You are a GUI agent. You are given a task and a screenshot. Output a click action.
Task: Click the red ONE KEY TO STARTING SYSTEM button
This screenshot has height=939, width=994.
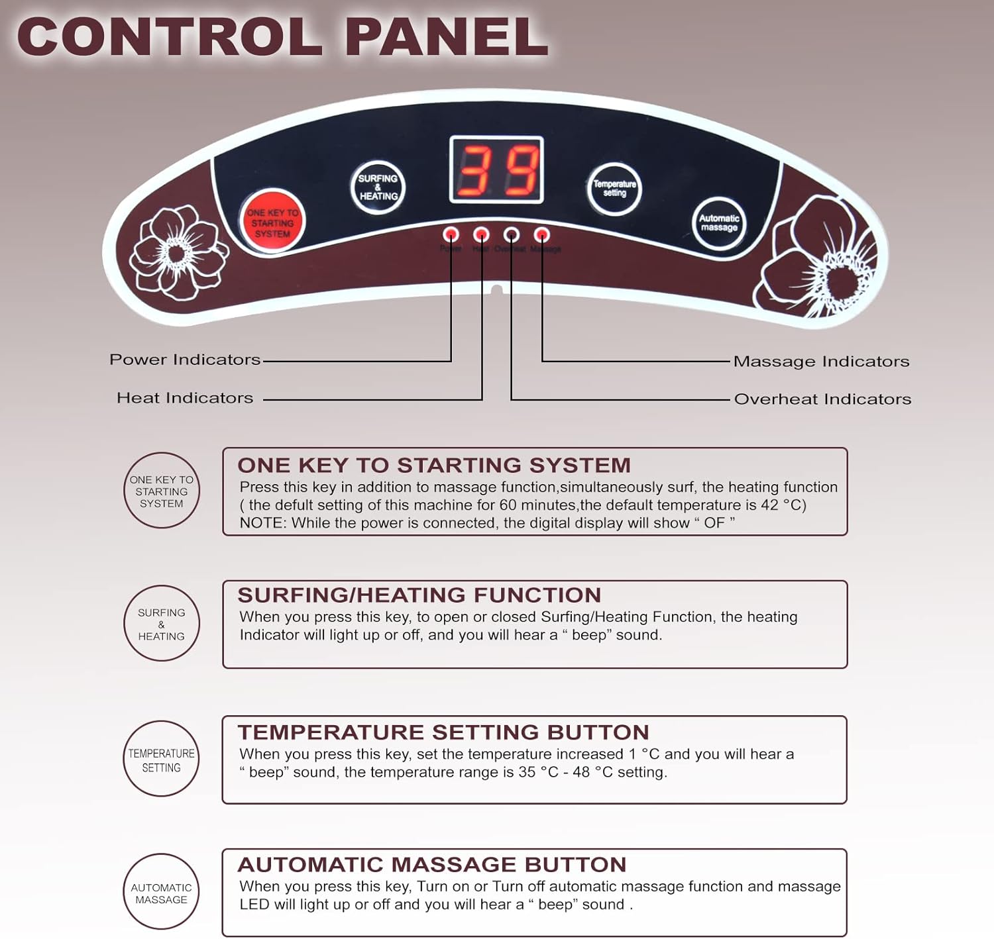click(272, 222)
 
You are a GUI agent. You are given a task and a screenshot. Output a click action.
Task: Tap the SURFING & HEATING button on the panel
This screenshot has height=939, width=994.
click(378, 187)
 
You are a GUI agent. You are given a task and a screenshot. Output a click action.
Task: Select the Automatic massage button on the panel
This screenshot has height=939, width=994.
click(719, 222)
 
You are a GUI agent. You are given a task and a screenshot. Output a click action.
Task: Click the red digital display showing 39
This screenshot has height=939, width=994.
click(496, 170)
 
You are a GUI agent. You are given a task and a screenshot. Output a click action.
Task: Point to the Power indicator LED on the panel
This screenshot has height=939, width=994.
click(451, 234)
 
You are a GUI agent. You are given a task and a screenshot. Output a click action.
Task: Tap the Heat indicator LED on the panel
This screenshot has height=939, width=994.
click(482, 234)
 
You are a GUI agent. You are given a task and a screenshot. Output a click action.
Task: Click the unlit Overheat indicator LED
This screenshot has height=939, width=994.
click(512, 234)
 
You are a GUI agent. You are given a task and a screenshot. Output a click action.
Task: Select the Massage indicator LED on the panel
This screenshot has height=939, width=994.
click(542, 234)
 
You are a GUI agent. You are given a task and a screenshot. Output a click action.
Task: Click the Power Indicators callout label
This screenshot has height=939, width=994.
click(185, 360)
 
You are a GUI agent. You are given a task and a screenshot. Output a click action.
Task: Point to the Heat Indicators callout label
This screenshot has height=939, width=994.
click(185, 398)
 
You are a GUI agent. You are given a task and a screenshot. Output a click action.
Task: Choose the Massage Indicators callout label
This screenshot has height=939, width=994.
click(821, 362)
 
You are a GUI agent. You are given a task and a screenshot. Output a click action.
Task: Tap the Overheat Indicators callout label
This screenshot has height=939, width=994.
click(822, 399)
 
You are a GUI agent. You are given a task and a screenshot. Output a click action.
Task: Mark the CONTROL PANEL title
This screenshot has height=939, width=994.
click(283, 37)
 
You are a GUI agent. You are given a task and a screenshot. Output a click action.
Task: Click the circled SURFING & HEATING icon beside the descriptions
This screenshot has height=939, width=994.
click(162, 624)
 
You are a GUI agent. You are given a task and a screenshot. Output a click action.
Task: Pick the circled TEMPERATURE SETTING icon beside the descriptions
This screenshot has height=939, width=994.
click(162, 759)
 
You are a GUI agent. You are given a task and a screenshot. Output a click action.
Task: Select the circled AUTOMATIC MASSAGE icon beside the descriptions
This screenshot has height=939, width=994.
click(162, 893)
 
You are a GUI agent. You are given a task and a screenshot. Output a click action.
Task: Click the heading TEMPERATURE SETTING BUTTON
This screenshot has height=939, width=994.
click(443, 732)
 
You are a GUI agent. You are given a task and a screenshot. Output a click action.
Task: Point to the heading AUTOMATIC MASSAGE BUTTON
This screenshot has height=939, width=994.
click(432, 865)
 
